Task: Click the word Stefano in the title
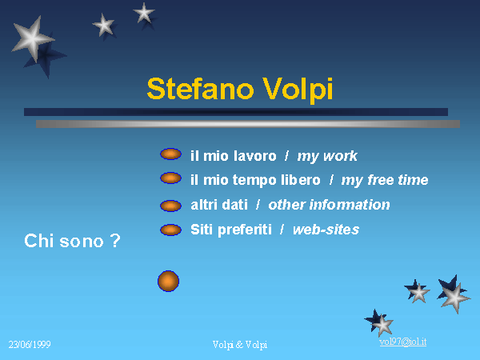[201, 89]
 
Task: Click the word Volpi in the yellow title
[298, 89]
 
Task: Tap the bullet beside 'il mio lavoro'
[170, 154]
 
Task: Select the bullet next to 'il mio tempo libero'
[170, 178]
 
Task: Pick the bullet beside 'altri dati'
[170, 206]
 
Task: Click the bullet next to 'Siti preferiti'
[170, 230]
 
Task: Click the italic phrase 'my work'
[327, 157]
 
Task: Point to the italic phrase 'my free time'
[385, 180]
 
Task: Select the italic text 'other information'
[329, 205]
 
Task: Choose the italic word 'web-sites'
[326, 230]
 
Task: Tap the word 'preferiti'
[245, 230]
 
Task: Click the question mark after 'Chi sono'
[115, 241]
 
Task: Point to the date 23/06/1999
[30, 345]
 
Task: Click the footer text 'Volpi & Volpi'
[240, 345]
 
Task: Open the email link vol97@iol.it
[403, 342]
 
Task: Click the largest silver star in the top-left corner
[33, 39]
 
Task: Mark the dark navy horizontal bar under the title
[236, 112]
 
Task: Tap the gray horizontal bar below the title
[248, 124]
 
